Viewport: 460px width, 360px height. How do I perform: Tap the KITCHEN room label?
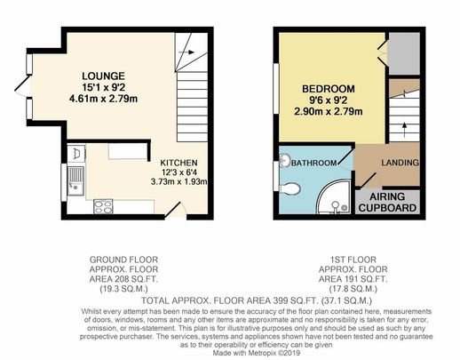[183, 163]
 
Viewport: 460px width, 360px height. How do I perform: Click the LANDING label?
[401, 163]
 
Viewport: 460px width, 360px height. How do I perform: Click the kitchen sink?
[74, 176]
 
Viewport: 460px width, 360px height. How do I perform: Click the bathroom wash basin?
[284, 161]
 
